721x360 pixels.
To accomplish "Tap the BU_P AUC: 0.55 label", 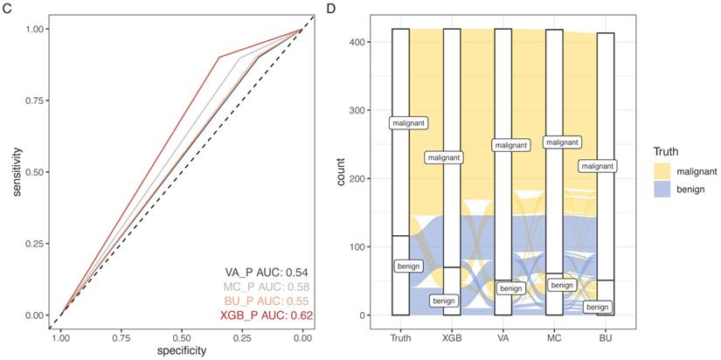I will (264, 300).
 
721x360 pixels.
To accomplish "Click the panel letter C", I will (7, 8).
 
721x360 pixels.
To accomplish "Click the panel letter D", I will (329, 8).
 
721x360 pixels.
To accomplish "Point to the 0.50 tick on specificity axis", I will (181, 335).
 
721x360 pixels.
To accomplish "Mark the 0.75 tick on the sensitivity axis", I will (35, 100).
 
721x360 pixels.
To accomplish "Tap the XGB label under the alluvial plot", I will (452, 335).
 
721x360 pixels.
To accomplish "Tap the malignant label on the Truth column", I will (407, 123).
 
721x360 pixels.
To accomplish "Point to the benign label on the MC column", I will (561, 285).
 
